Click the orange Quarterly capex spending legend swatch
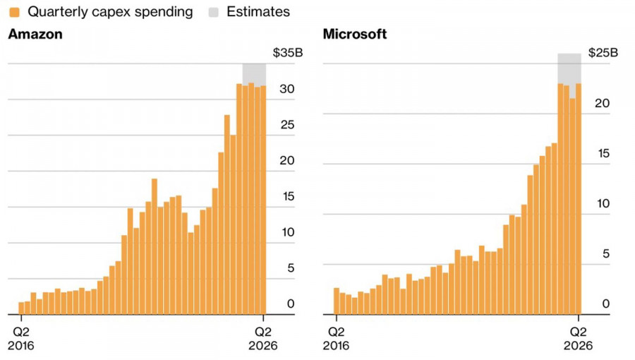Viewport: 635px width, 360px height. [x=14, y=11]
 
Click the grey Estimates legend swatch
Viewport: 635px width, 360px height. [x=214, y=11]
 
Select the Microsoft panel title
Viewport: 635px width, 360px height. [x=354, y=35]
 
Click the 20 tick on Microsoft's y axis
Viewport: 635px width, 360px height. [x=600, y=103]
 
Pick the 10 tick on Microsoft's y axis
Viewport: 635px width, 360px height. [x=600, y=204]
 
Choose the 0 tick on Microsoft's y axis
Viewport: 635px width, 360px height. [x=604, y=304]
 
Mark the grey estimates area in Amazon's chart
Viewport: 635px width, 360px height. [x=254, y=73]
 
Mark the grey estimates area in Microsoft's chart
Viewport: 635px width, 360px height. [x=569, y=68]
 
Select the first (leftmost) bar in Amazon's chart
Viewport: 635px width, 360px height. [x=21, y=308]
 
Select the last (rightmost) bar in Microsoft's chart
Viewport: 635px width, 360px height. [x=578, y=198]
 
